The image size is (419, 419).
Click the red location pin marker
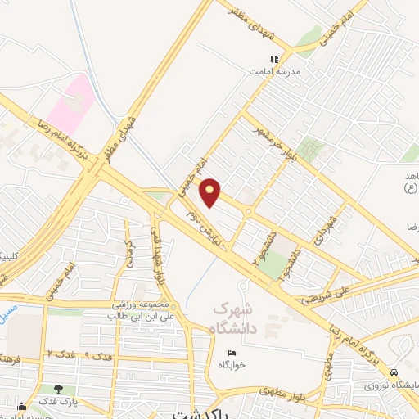pyautogui.click(x=210, y=193)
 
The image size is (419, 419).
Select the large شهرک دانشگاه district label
pyautogui.click(x=243, y=318)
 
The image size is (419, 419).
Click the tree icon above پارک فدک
pyautogui.click(x=57, y=389)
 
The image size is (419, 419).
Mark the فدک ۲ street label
pyautogui.click(x=60, y=354)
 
